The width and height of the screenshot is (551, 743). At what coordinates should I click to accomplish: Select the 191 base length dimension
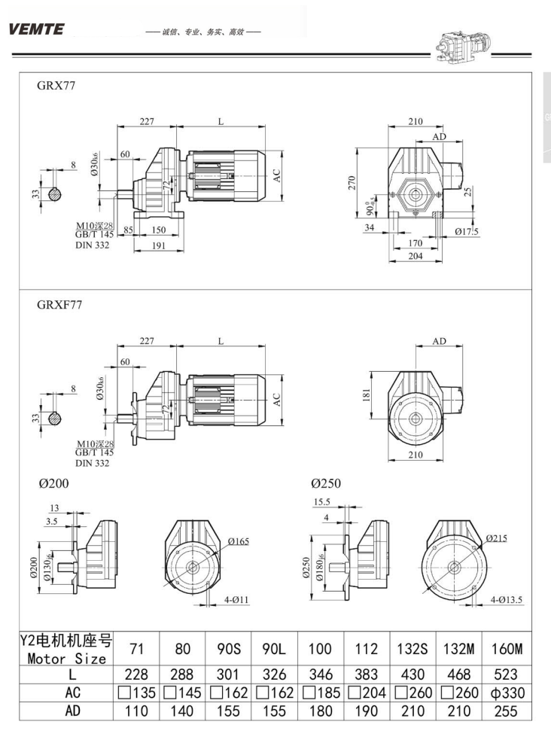[x=159, y=246]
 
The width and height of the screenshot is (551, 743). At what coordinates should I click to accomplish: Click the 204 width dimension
[x=415, y=256]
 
